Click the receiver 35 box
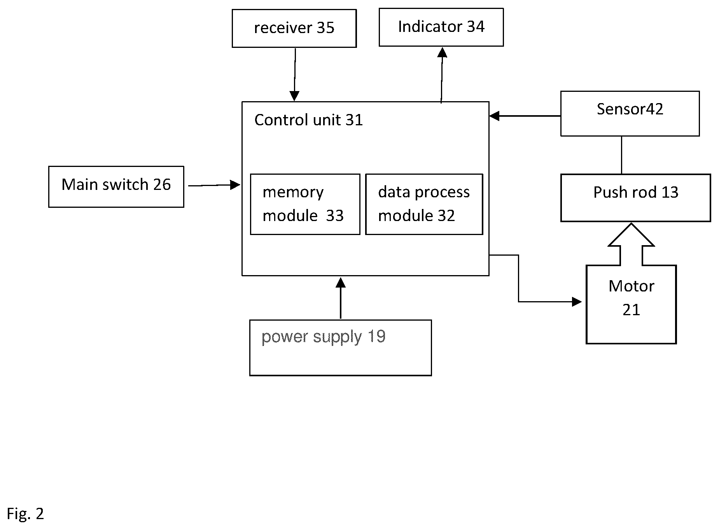(x=294, y=28)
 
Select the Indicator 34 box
(x=441, y=27)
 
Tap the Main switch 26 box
(x=116, y=187)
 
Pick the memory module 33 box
(x=305, y=204)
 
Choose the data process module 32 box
(x=424, y=204)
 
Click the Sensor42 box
(x=630, y=114)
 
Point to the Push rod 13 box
(x=635, y=198)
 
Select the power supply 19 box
(x=340, y=347)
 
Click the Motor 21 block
(x=631, y=304)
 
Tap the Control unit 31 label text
(x=308, y=120)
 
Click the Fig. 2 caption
(x=25, y=514)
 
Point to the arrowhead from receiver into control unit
(x=294, y=96)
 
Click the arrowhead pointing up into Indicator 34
(x=442, y=52)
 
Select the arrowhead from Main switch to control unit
(x=235, y=185)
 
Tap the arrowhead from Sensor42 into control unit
(x=494, y=116)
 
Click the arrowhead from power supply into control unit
(x=341, y=283)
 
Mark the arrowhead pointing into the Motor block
(x=577, y=302)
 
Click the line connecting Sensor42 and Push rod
(x=621, y=155)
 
